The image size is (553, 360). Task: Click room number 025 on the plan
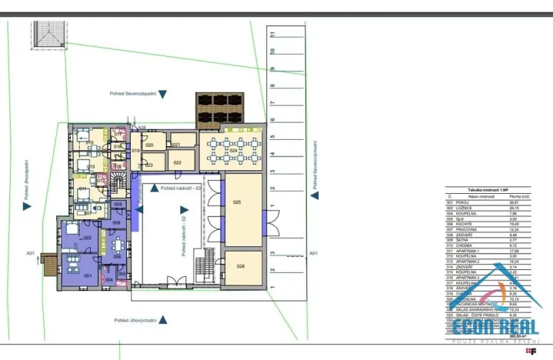pos(237,202)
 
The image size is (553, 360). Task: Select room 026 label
pos(239,266)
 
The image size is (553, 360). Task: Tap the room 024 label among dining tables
pos(232,150)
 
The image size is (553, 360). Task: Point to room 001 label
pos(88,275)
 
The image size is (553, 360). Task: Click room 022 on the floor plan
pos(177,162)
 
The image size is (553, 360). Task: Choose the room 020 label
pos(150,145)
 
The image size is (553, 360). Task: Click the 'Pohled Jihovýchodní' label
pos(135,319)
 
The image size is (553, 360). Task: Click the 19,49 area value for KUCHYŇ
pos(517,224)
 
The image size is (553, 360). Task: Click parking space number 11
pos(273,33)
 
